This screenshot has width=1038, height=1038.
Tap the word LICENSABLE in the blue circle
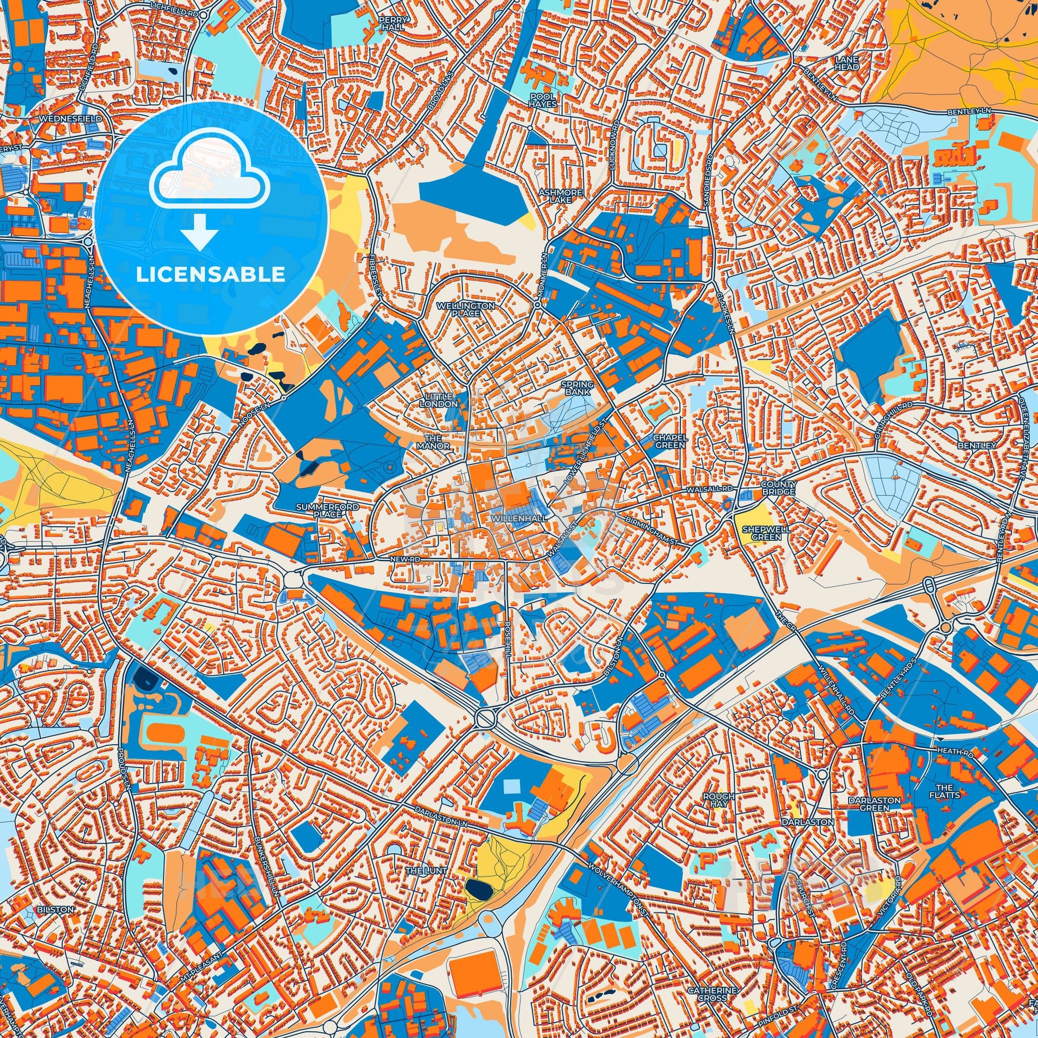tap(210, 275)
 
